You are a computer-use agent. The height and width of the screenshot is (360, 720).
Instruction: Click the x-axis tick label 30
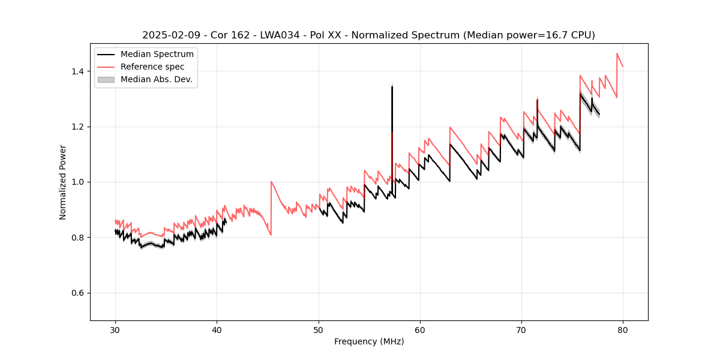coord(115,329)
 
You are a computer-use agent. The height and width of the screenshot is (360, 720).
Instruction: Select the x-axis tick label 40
coord(217,329)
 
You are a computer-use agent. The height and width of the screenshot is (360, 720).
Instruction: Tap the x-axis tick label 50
coord(319,329)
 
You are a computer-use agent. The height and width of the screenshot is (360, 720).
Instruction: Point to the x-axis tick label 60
coord(420,329)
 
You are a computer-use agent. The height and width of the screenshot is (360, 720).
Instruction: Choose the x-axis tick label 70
coord(521,329)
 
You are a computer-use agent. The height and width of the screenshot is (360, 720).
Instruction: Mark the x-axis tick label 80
coord(623,329)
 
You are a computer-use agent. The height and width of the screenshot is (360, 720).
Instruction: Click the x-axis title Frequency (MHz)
coord(369,341)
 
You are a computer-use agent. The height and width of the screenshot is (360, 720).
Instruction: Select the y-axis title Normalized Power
coord(63,182)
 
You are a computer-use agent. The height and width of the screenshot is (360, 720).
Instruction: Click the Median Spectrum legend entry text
coord(157,55)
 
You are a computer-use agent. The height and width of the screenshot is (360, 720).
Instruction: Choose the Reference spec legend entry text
coord(152,67)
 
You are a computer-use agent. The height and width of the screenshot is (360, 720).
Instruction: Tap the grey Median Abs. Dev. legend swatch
coord(106,79)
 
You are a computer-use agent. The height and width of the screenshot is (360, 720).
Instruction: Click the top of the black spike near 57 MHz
coord(392,86)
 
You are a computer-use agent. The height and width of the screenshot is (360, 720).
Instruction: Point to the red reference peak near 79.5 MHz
coord(617,53)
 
